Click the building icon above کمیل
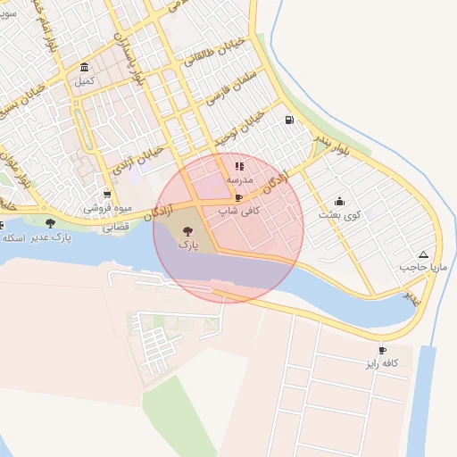pos(84,68)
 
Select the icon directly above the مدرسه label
pos(238,166)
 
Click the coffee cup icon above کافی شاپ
pos(238,198)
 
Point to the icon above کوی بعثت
pos(339,201)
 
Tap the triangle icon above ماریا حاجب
pos(422,254)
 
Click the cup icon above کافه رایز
pos(382,351)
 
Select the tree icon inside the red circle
pos(187,230)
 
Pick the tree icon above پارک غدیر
pos(50,223)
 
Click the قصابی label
pos(115,228)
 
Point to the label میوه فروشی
pos(108,208)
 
